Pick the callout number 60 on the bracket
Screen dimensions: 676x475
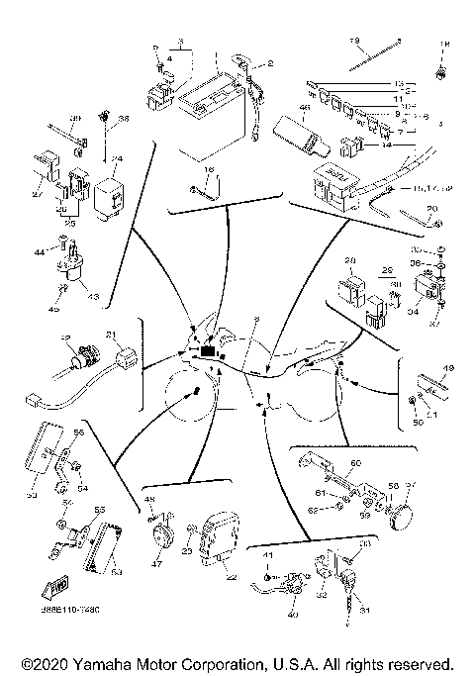point(356,462)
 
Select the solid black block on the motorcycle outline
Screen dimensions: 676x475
point(208,350)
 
